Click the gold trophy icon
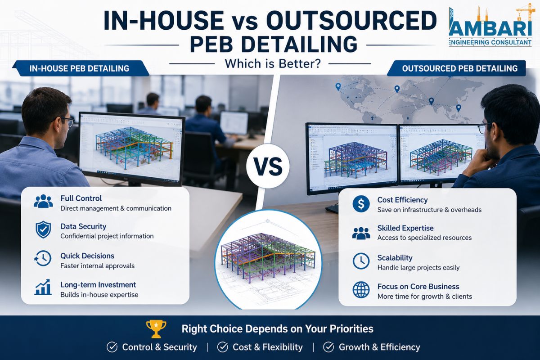[x=156, y=328]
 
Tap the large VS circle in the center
[x=268, y=166]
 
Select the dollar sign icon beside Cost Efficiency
[x=361, y=204]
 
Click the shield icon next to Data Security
[x=43, y=229]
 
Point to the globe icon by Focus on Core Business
[x=361, y=290]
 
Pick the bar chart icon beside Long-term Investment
[x=43, y=287]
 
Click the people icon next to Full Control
[x=43, y=201]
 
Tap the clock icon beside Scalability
[x=361, y=261]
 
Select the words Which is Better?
[x=273, y=63]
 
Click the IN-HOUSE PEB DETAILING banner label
[x=79, y=68]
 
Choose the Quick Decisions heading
[x=87, y=256]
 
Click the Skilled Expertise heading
[x=405, y=228]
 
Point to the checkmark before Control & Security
[x=112, y=347]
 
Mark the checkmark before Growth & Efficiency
[x=328, y=347]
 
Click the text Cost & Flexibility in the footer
[x=268, y=347]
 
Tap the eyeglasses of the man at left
[x=67, y=122]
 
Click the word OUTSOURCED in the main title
[x=351, y=20]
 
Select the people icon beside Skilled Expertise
[x=361, y=233]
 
